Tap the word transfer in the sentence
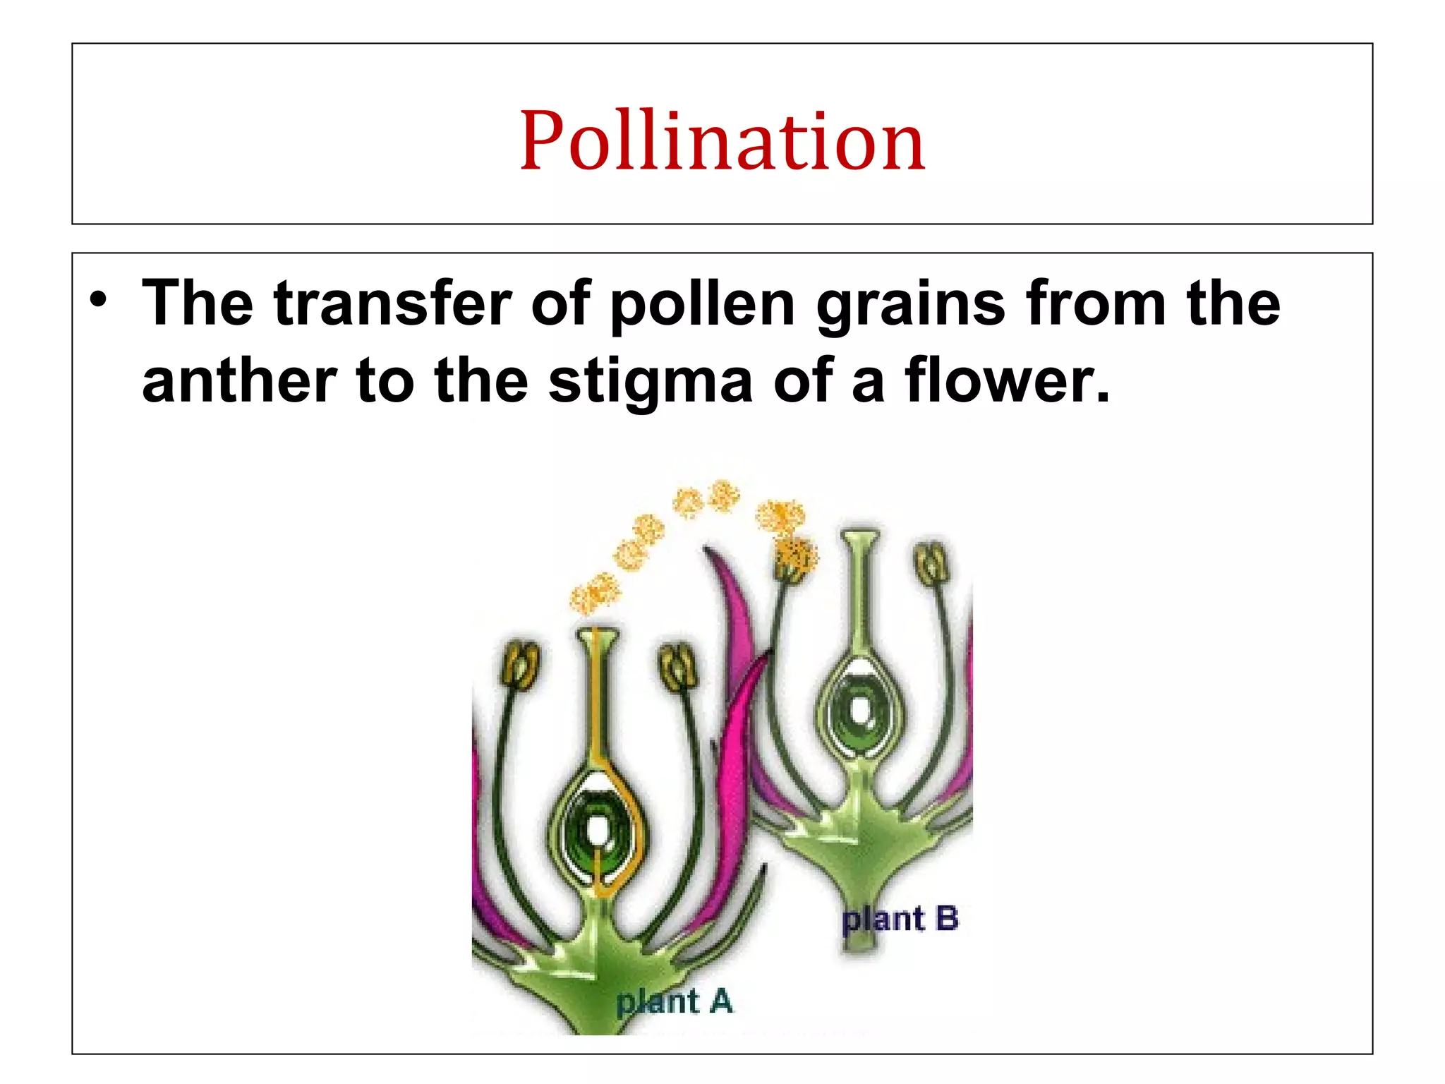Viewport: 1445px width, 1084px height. click(392, 303)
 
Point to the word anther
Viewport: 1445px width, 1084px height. click(239, 381)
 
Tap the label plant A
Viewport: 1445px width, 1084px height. click(674, 1001)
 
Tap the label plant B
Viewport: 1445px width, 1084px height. click(900, 919)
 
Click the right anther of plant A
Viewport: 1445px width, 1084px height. click(679, 666)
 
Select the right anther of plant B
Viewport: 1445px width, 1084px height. click(932, 563)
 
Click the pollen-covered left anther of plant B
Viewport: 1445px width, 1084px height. click(794, 561)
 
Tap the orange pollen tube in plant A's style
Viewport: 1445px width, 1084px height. click(598, 706)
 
